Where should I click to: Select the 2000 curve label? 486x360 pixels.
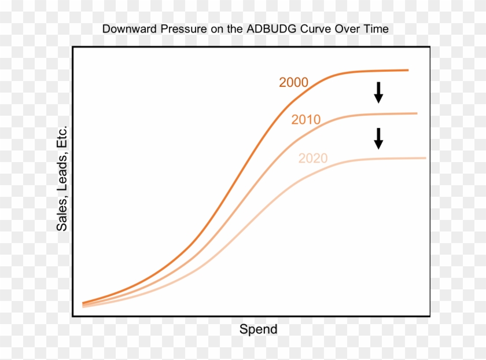293,83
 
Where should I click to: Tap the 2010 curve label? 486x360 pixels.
306,120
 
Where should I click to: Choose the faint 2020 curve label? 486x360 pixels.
313,159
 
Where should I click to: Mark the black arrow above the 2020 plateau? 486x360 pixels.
378,138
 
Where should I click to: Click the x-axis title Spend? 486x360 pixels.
258,330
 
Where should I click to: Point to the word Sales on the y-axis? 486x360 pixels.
62,215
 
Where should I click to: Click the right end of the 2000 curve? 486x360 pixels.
407,70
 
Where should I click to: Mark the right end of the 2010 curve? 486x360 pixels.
416,113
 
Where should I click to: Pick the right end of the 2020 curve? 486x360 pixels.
425,157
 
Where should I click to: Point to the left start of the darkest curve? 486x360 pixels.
84,303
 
